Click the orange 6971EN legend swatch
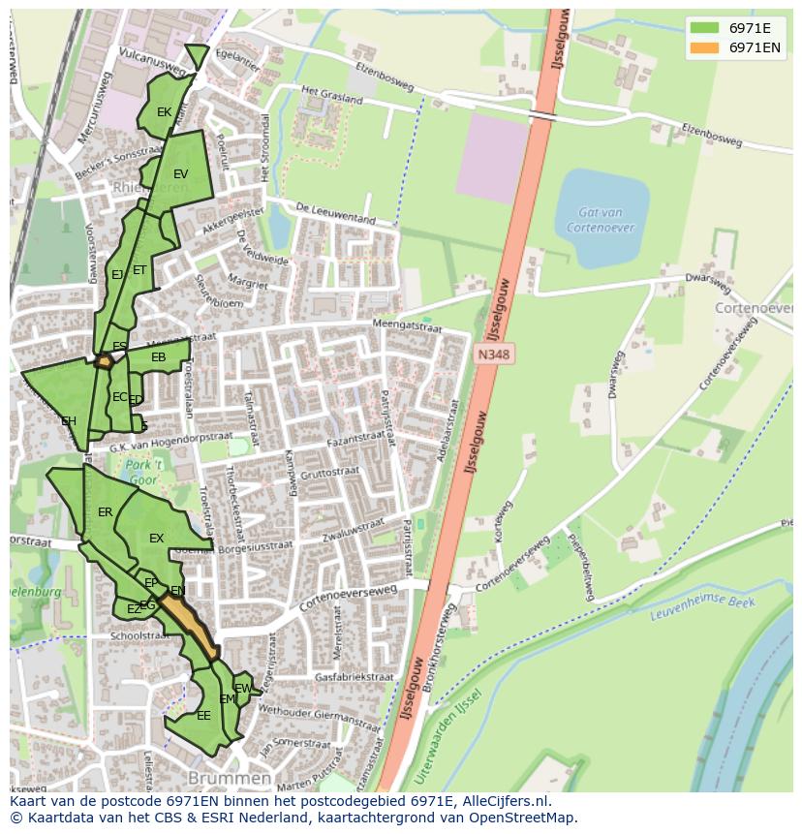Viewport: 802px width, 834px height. coord(705,47)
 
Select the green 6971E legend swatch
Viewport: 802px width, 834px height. coord(705,28)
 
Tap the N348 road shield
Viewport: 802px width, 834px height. coord(493,355)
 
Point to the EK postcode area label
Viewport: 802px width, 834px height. coord(164,112)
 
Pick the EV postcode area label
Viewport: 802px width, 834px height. coord(180,174)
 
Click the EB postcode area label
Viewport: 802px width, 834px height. coord(159,357)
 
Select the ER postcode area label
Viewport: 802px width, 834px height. coord(106,511)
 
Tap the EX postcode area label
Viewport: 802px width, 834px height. coord(156,538)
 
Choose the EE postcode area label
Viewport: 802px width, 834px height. coord(203,716)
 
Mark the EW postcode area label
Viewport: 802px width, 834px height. coord(243,689)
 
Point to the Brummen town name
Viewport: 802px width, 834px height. coord(230,779)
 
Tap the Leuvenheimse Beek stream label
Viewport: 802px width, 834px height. coord(688,608)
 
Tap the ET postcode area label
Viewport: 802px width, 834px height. coord(139,270)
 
